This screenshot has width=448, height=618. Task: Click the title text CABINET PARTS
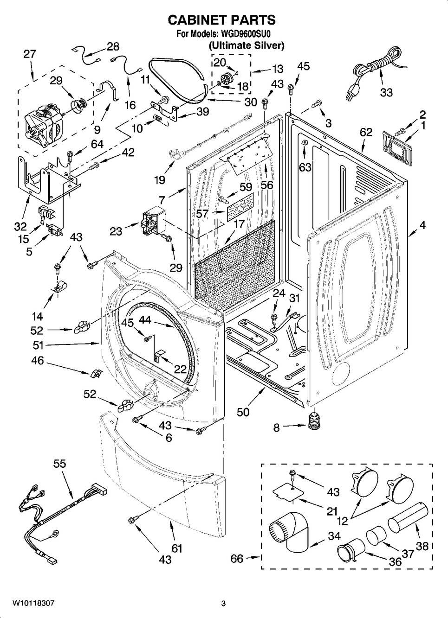point(221,20)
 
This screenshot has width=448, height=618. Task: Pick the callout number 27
point(29,54)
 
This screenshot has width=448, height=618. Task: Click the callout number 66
point(237,559)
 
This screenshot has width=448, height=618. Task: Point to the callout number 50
point(242,412)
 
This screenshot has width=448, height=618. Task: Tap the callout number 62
point(366,132)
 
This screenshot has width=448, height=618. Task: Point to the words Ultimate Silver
point(246,45)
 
